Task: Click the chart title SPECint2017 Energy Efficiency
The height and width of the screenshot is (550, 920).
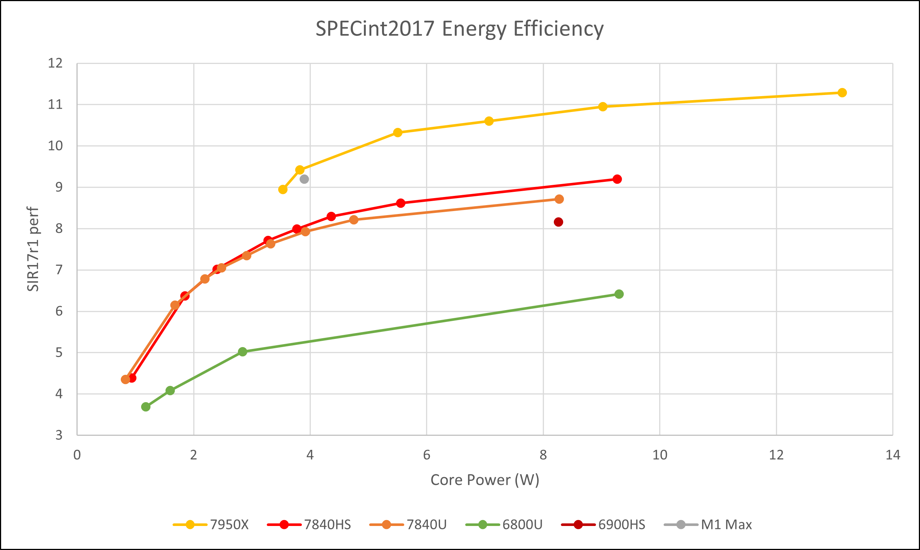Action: (459, 29)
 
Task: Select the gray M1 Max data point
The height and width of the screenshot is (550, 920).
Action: (304, 179)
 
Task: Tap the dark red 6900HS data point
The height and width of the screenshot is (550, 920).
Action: (558, 222)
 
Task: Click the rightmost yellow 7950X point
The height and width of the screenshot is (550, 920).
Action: (842, 93)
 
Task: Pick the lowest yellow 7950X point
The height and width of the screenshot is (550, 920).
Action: (283, 190)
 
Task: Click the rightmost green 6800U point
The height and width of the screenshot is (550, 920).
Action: (619, 294)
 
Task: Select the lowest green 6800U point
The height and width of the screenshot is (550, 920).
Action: (146, 407)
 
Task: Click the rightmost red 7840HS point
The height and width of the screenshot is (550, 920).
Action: (617, 179)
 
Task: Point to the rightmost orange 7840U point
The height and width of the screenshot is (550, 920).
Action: (559, 199)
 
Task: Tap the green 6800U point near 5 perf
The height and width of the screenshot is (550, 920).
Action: (243, 352)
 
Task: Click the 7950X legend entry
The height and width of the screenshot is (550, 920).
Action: (211, 525)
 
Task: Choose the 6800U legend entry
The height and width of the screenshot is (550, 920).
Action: (504, 525)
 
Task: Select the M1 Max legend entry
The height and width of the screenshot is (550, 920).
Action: (708, 525)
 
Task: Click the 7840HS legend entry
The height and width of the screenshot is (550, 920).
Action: (309, 525)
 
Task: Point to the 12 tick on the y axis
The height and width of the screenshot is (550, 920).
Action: (55, 63)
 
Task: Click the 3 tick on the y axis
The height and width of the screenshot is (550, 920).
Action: (59, 435)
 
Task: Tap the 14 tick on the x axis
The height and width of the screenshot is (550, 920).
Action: (893, 455)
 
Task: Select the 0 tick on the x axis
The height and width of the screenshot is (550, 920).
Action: (77, 455)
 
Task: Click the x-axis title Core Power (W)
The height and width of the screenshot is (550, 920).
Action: (484, 480)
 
